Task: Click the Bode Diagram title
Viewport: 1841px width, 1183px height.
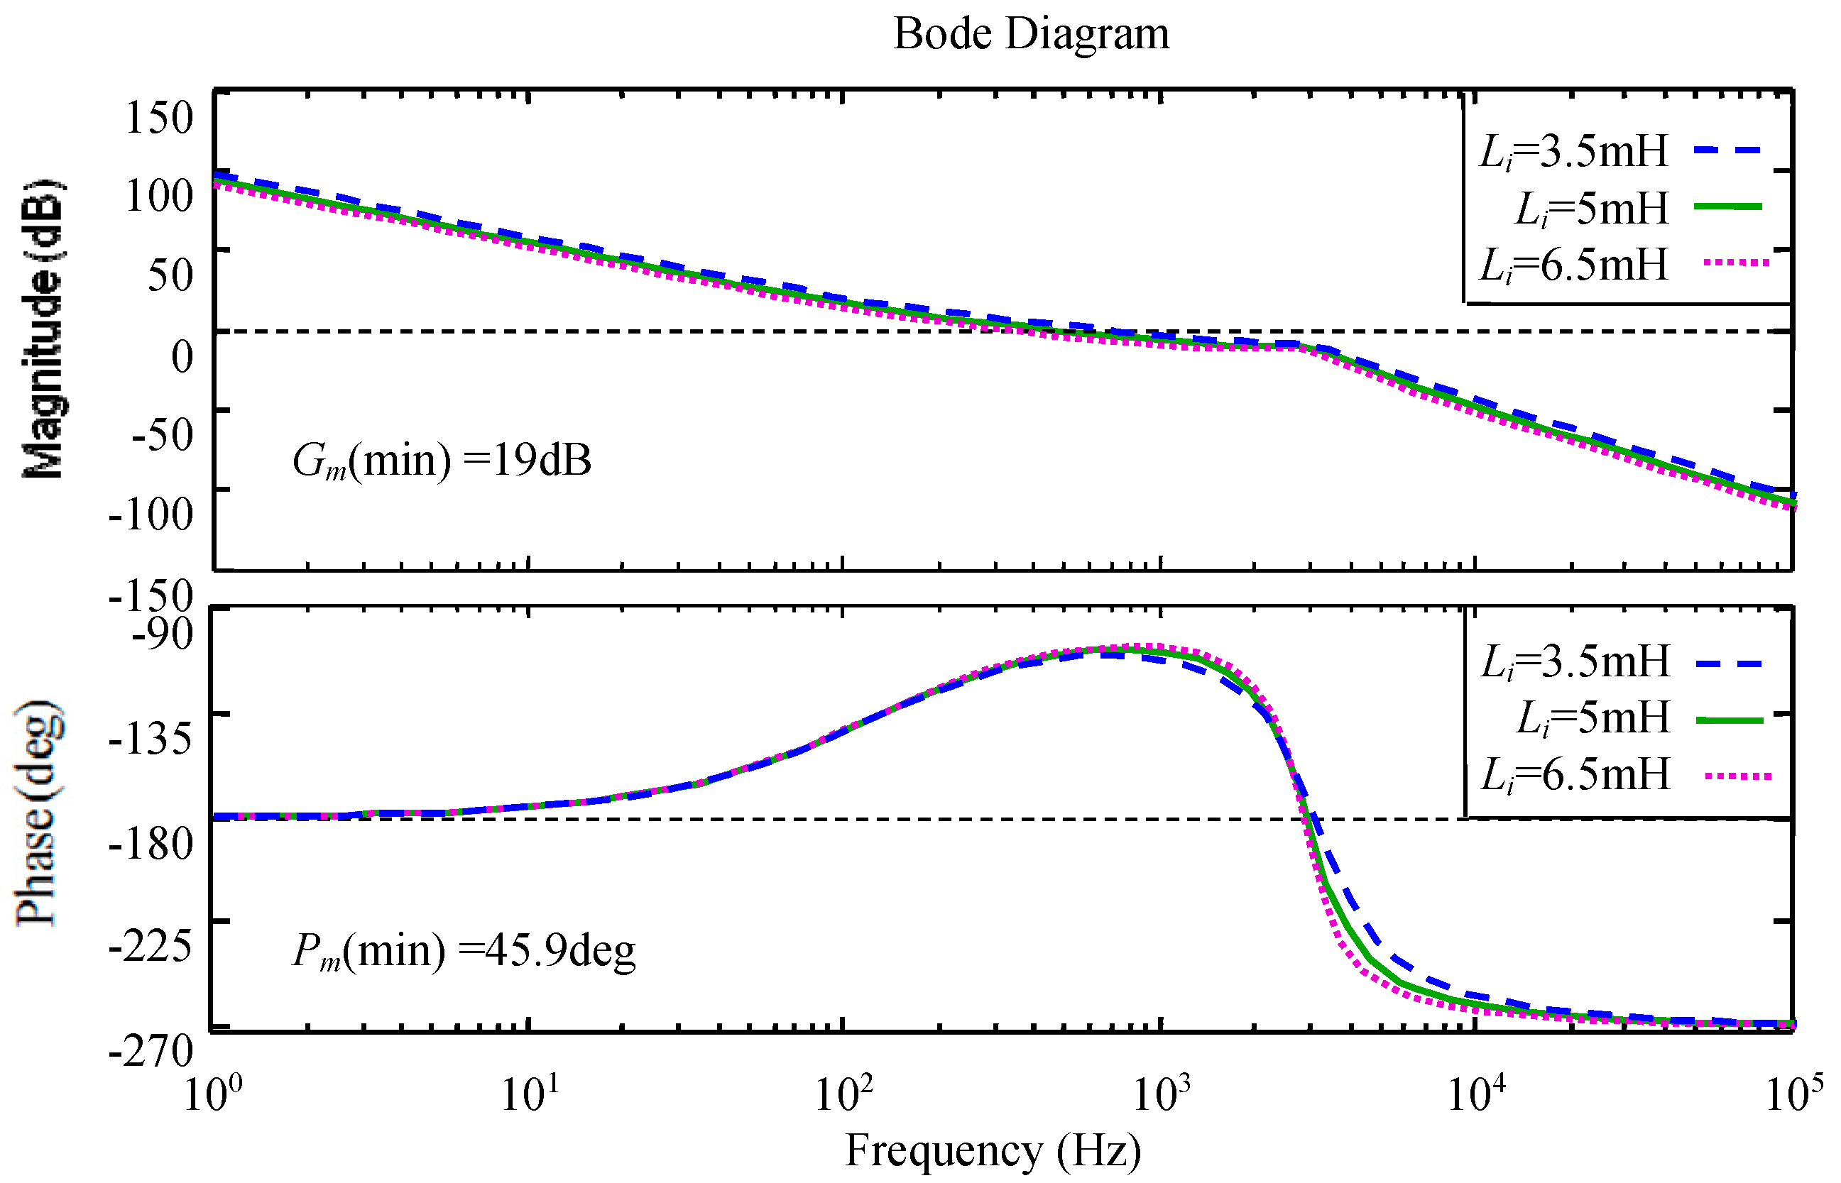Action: (x=1030, y=35)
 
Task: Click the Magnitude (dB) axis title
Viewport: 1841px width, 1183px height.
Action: (x=43, y=330)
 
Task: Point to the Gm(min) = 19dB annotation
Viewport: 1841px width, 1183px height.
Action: (x=442, y=461)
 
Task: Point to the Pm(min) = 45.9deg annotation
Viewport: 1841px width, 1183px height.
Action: (x=464, y=951)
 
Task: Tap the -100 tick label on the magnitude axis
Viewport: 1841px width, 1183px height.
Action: (x=151, y=513)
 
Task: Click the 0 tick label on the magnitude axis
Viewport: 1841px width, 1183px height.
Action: (x=182, y=356)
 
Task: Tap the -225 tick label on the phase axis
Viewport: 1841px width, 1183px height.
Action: (x=151, y=944)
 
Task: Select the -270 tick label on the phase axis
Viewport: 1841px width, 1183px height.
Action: (x=151, y=1050)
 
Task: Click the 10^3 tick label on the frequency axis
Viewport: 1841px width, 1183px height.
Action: (x=1161, y=1092)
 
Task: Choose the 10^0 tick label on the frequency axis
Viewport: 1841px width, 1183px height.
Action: (x=213, y=1092)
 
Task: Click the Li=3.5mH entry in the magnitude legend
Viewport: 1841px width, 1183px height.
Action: (x=1573, y=151)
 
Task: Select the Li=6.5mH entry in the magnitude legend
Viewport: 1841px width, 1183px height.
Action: (x=1573, y=265)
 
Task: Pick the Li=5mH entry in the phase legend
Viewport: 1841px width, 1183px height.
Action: (x=1593, y=718)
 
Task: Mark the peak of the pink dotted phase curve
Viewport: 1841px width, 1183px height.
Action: (x=1149, y=646)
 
